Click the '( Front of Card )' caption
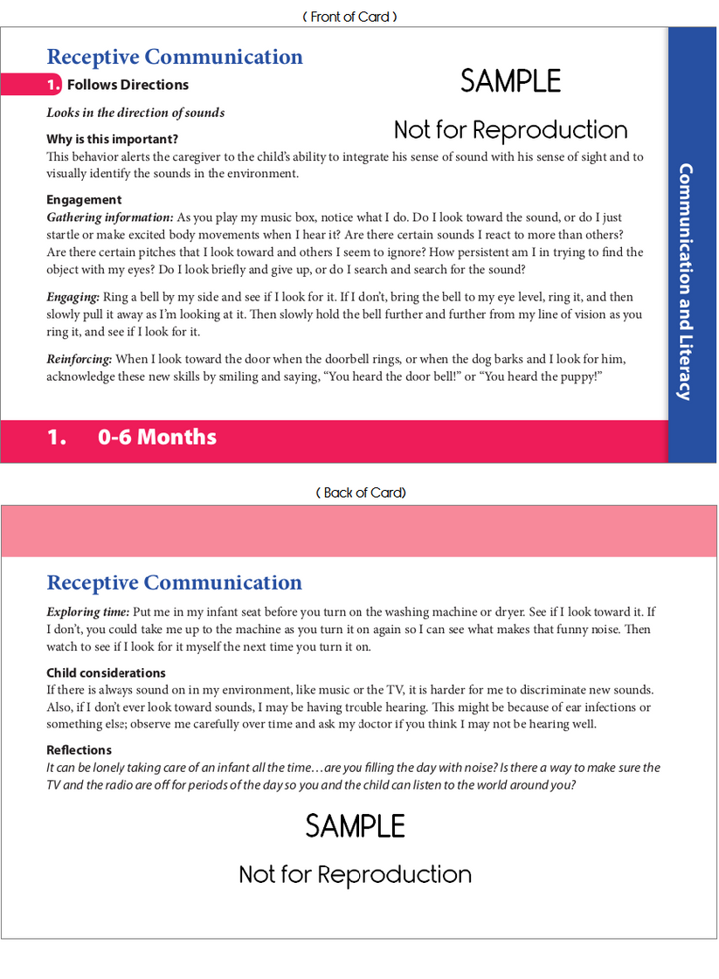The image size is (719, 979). click(x=350, y=17)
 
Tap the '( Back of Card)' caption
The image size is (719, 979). click(x=361, y=493)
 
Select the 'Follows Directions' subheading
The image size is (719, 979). click(x=128, y=85)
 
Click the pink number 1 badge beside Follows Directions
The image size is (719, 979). click(x=54, y=85)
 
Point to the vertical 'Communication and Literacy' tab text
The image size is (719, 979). click(x=686, y=281)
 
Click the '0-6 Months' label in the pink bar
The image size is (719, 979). click(x=157, y=437)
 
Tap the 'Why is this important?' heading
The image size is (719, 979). click(x=112, y=139)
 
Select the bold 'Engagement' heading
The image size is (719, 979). click(x=84, y=200)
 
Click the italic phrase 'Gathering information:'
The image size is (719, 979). click(x=110, y=217)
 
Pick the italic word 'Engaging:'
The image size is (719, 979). click(x=73, y=297)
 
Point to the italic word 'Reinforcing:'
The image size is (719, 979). click(x=80, y=359)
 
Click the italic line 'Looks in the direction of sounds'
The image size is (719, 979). click(x=135, y=113)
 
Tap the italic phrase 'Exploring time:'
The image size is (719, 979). click(x=88, y=612)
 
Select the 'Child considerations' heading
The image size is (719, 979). click(x=106, y=673)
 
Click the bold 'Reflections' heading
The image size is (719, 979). click(x=79, y=750)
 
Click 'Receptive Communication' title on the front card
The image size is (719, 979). click(x=175, y=57)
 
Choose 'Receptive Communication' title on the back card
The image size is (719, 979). click(x=175, y=583)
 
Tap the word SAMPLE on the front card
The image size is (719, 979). click(x=510, y=81)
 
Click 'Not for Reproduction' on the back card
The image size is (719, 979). click(x=355, y=874)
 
